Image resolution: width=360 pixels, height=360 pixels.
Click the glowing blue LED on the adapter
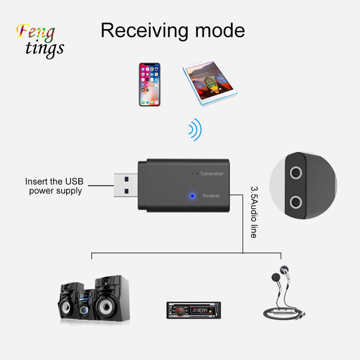pos(193,196)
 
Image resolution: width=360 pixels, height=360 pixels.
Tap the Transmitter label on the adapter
pos(211,174)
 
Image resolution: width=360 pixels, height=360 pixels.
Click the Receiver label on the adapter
pos(211,196)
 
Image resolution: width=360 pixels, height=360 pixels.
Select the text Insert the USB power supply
pos(56,186)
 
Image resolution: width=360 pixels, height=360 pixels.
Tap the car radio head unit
pos(193,310)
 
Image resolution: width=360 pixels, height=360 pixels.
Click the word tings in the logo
pos(45,49)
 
